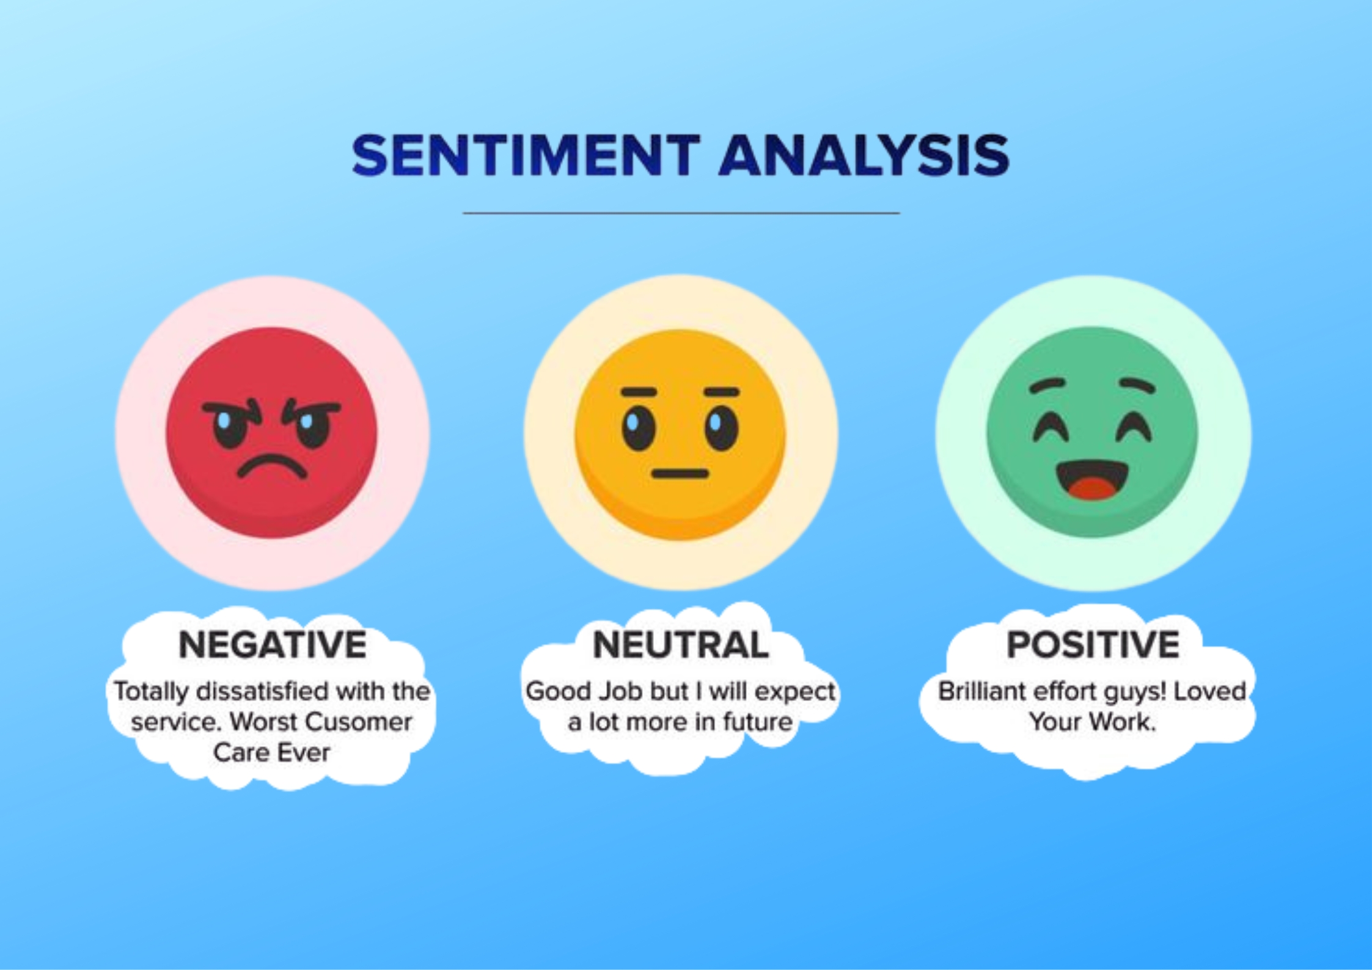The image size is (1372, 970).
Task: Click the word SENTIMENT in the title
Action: [526, 155]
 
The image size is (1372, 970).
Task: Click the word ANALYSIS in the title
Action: [864, 155]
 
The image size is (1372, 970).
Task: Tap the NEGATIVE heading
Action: [273, 645]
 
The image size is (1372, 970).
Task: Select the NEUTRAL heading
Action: [681, 645]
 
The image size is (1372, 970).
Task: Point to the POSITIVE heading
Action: [1093, 645]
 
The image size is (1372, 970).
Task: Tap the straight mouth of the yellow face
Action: [680, 474]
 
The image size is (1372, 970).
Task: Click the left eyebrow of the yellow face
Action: [639, 392]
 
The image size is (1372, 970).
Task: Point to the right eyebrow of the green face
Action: [1137, 385]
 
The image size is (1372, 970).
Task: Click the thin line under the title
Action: [681, 213]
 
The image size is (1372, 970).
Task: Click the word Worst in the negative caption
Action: [265, 722]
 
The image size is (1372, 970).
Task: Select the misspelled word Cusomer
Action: [359, 722]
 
